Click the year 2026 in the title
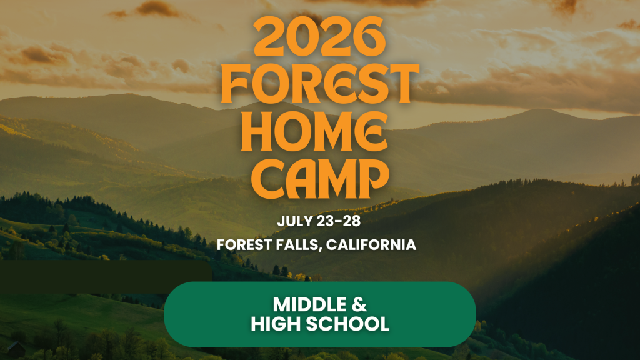(x=319, y=37)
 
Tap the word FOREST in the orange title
(x=320, y=84)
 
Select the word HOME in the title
(x=314, y=131)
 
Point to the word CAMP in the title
(x=320, y=179)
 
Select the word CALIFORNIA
(x=371, y=245)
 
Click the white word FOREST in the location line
(x=244, y=245)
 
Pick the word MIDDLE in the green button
(x=304, y=304)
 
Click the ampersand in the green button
(x=359, y=304)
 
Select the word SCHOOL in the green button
(x=347, y=324)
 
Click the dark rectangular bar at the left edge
(x=106, y=277)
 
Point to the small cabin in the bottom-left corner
(x=16, y=349)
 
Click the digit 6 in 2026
(x=369, y=37)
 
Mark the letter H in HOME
(x=256, y=131)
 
